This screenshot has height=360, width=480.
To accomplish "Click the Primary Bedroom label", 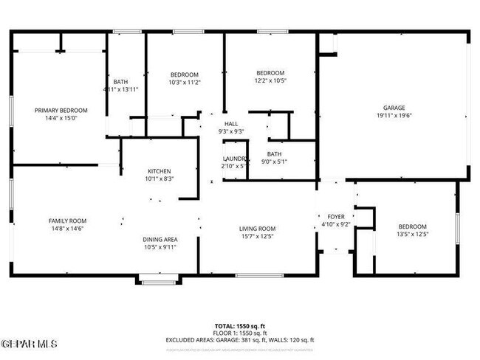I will click(x=61, y=110).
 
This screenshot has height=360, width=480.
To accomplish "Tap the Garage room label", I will click(x=393, y=108).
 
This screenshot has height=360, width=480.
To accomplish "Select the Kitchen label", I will click(x=159, y=171).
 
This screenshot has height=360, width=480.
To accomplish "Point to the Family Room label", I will click(x=68, y=221).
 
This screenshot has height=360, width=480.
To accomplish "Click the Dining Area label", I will click(x=160, y=239).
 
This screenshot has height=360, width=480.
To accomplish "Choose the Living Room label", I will click(x=257, y=229).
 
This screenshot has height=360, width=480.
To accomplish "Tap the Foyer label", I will click(x=336, y=217).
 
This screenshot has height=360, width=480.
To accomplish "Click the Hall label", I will click(x=231, y=124).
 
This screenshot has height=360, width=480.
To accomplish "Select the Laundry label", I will click(x=233, y=159).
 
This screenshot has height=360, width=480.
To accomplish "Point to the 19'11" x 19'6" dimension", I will click(x=393, y=116).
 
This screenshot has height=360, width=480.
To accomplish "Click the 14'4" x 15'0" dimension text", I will click(x=61, y=118).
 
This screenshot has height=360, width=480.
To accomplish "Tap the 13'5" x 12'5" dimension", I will click(x=412, y=234).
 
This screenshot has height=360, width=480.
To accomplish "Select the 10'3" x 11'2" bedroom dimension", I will click(x=185, y=83).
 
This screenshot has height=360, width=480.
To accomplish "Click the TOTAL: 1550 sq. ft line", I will click(x=240, y=325).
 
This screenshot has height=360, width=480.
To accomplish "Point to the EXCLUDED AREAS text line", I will click(x=240, y=339).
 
